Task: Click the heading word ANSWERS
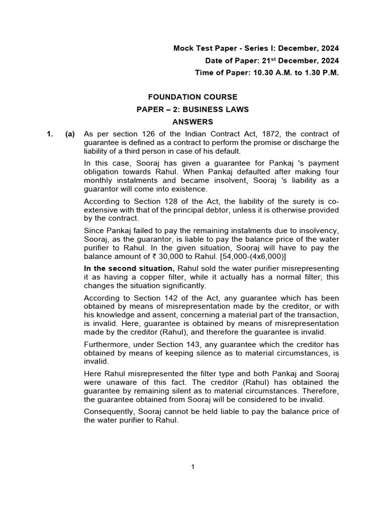(x=193, y=122)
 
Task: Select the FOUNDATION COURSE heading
(x=193, y=97)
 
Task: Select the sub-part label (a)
(x=69, y=134)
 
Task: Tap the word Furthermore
(x=106, y=345)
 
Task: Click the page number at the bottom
(x=192, y=467)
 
